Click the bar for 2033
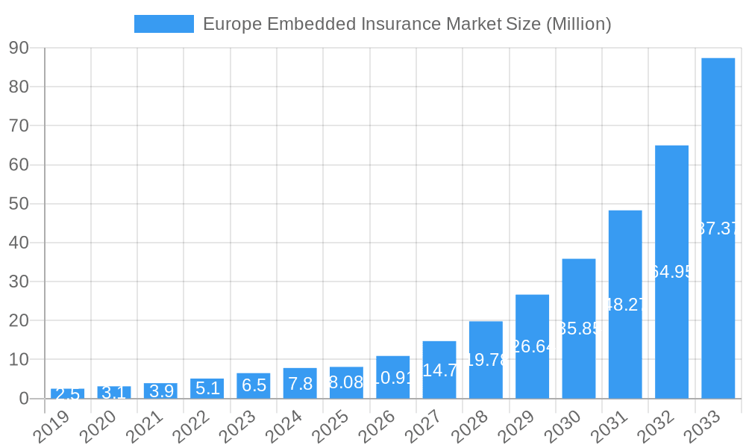718,228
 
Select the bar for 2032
671,272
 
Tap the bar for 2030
579,329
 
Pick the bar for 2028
486,360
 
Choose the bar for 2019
67,393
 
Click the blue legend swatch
163,24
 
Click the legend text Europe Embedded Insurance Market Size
407,24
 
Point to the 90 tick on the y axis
19,48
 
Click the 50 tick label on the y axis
19,204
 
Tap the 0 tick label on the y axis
24,399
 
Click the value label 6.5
254,385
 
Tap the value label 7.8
300,384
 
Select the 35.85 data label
579,329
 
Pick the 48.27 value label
625,305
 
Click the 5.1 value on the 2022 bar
207,388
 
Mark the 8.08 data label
346,383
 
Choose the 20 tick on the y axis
19,320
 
